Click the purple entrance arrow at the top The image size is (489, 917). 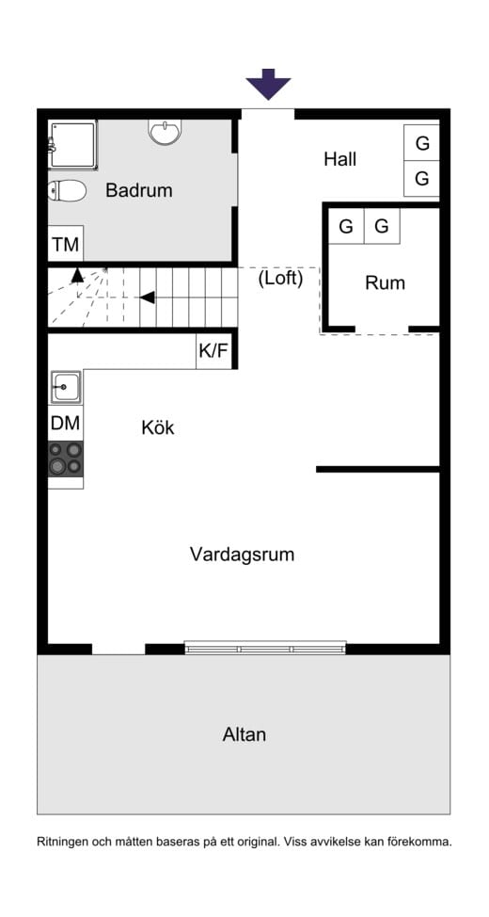(269, 84)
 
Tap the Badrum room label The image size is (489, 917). (139, 190)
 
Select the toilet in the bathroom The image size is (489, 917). (67, 191)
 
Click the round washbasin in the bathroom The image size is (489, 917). (165, 133)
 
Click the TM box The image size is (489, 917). (66, 245)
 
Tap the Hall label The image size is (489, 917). (340, 159)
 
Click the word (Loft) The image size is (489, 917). (280, 279)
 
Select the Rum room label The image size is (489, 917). (386, 282)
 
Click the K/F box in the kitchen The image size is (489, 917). (213, 352)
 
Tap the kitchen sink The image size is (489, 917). (66, 386)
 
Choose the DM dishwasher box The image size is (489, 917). (66, 424)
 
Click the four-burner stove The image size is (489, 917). (66, 458)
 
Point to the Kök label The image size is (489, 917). (158, 427)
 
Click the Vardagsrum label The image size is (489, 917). (243, 555)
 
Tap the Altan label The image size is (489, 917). (244, 734)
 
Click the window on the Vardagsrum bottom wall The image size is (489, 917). (265, 648)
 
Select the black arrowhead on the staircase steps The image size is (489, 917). (147, 298)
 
